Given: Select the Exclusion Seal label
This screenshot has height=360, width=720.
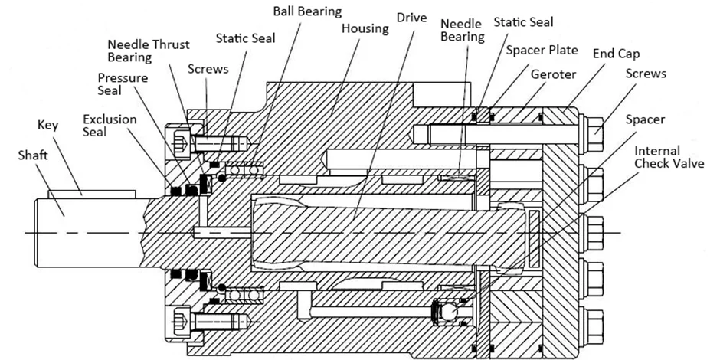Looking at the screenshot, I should point(110,126).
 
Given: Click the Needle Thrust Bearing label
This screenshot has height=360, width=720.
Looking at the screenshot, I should point(148,51).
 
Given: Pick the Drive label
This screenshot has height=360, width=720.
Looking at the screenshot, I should point(411,17).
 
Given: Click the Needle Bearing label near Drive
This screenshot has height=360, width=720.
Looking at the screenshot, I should point(462,30).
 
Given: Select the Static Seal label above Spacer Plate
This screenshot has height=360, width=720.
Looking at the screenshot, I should point(522,22).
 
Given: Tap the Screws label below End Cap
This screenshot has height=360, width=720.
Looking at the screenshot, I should point(646,74).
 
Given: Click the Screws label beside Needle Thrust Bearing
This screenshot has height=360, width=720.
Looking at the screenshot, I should point(208,68).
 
